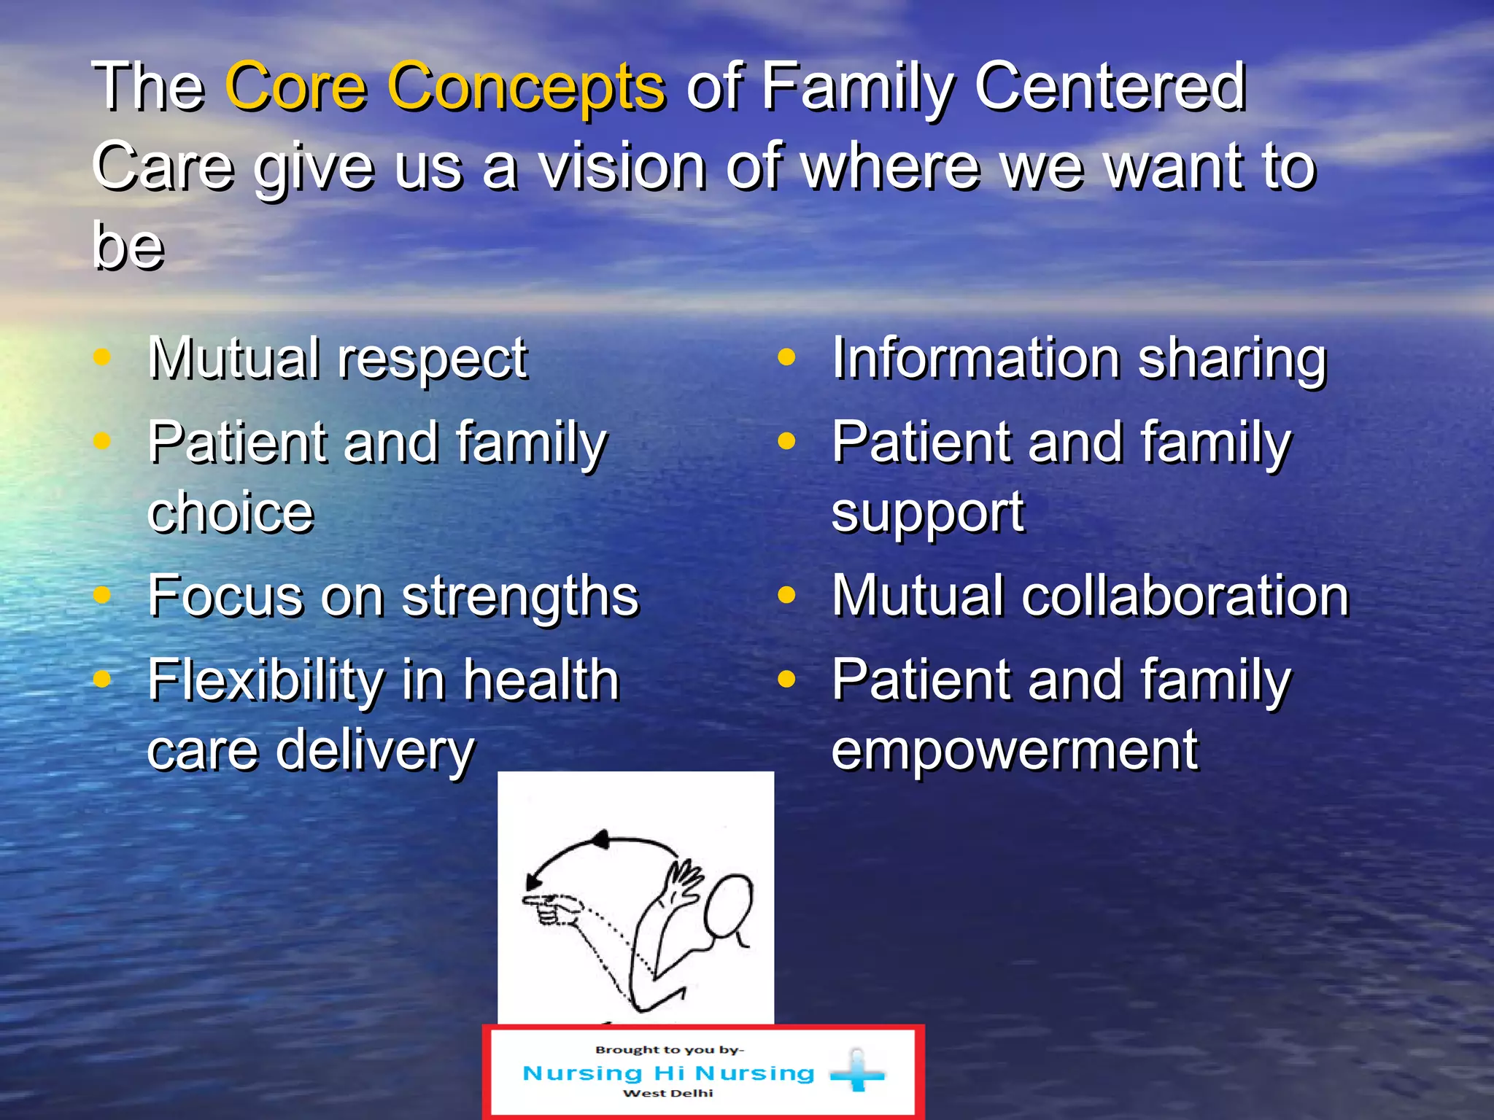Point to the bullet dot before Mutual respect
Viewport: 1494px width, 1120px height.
pyautogui.click(x=102, y=357)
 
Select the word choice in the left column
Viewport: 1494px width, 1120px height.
pyautogui.click(x=231, y=513)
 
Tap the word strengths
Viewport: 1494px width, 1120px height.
pyautogui.click(x=520, y=596)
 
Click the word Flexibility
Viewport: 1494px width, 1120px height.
pyautogui.click(x=265, y=681)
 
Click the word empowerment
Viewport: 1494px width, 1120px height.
pyautogui.click(x=1014, y=751)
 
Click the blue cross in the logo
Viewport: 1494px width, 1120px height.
pyautogui.click(x=858, y=1072)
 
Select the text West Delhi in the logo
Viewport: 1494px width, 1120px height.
pyautogui.click(x=667, y=1093)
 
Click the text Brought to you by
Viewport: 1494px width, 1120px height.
pyautogui.click(x=669, y=1050)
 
